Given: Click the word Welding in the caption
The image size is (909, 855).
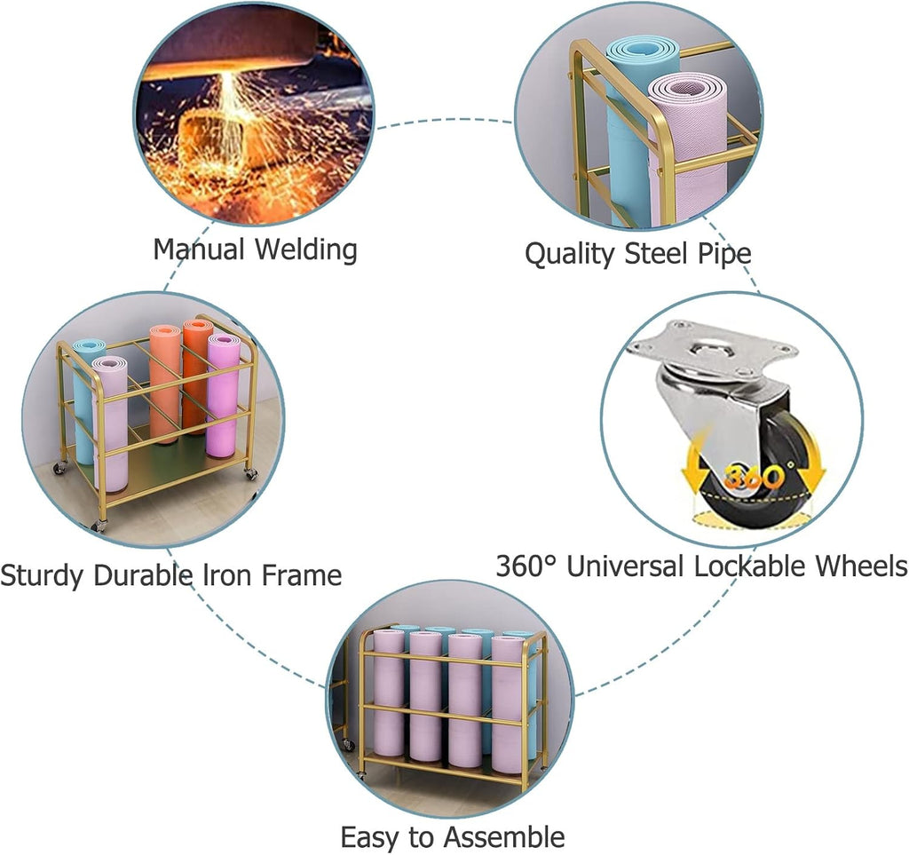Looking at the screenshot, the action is click(306, 249).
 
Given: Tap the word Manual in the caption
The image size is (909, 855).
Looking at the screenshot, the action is click(199, 249).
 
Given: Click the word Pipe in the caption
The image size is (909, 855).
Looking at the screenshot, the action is click(724, 254).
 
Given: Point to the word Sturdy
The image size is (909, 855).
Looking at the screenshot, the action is click(43, 575).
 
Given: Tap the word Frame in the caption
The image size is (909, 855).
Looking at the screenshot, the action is click(302, 574).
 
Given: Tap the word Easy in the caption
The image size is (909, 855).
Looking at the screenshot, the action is click(370, 838).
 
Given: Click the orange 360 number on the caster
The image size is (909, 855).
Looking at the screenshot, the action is click(755, 477).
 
